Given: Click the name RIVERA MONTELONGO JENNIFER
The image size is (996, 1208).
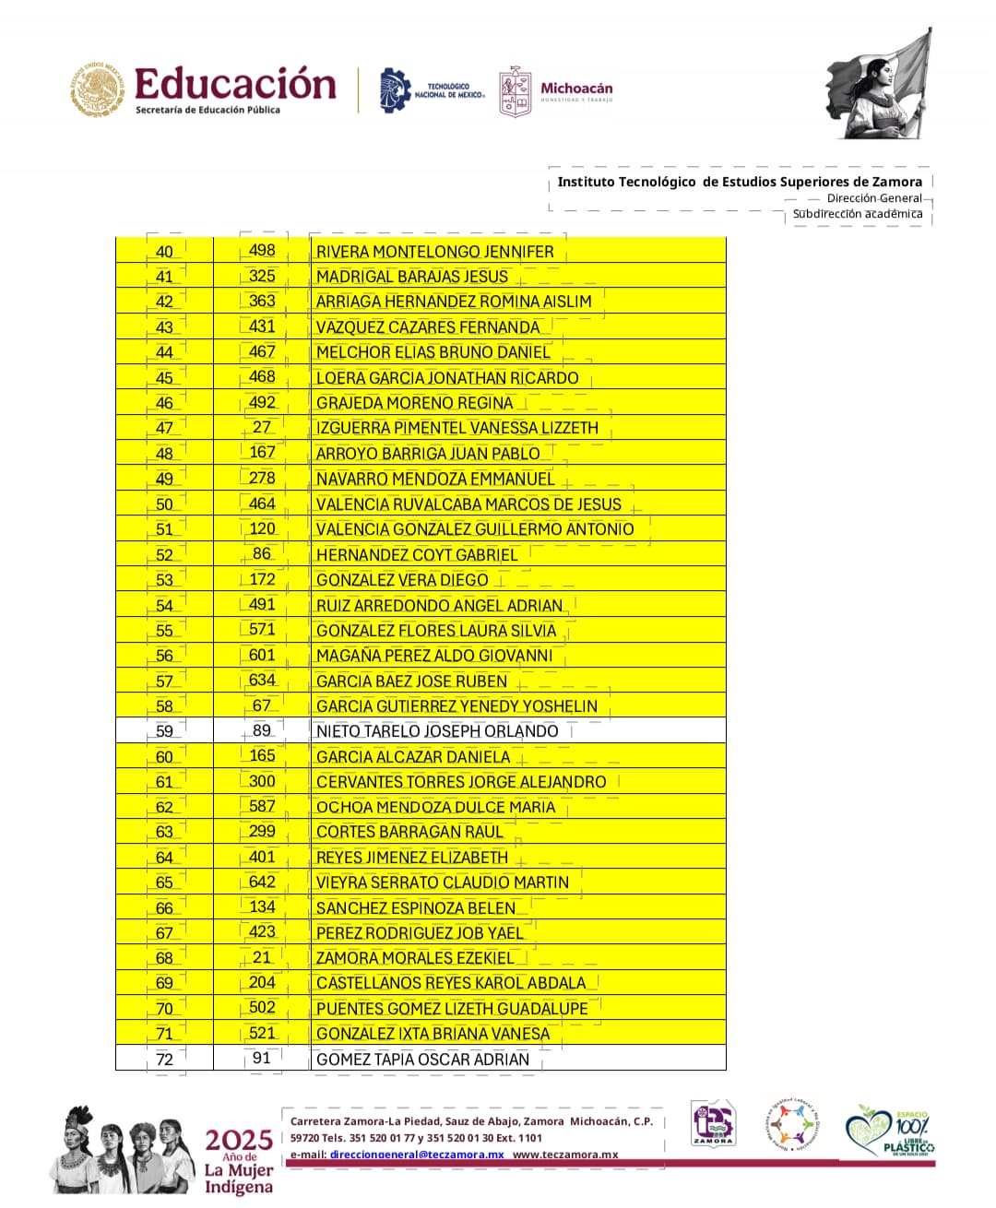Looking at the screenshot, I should [x=434, y=252].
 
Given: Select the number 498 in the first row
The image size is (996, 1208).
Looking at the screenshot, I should [x=262, y=251].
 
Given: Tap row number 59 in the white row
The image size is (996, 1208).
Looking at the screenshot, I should [x=164, y=731].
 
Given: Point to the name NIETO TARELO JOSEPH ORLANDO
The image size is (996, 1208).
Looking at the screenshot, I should [x=437, y=731].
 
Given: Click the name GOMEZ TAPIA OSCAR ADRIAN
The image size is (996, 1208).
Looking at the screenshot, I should [x=422, y=1060].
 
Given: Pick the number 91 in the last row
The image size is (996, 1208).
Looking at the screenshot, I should [x=262, y=1059].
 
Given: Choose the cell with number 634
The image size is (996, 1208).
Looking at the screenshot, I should [x=262, y=681].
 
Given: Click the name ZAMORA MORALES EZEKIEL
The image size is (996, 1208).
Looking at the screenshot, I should [x=415, y=958].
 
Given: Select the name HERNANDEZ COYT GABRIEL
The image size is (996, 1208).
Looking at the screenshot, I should [x=417, y=555].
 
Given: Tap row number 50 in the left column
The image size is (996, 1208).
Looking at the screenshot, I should [x=164, y=504].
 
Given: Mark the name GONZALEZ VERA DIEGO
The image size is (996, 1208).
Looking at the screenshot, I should [x=402, y=580].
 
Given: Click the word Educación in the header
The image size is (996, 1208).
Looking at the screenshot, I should [x=235, y=85].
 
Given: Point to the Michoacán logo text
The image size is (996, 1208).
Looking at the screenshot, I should [x=576, y=89].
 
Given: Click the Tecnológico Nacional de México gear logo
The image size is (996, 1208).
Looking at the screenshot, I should [x=396, y=90].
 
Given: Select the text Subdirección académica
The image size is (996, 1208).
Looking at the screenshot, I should [x=857, y=214].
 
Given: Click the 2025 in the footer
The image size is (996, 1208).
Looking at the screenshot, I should [x=239, y=1140].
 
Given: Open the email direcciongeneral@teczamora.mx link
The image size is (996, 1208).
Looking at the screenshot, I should [x=417, y=1155].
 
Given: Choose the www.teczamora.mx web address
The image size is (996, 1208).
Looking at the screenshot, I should [x=565, y=1155].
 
